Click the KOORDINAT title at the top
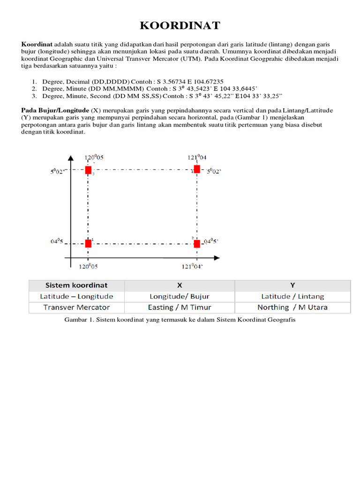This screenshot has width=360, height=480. [x=180, y=25]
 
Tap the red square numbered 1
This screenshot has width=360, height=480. [x=88, y=243]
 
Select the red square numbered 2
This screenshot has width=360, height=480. [x=197, y=243]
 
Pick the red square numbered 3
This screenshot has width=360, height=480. [x=88, y=170]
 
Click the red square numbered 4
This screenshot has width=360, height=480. [x=197, y=169]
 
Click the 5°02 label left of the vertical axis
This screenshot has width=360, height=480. [x=60, y=172]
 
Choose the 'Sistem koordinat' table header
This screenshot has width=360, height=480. [x=76, y=285]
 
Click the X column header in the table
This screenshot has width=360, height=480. [x=180, y=285]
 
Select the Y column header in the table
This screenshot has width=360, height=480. [x=292, y=285]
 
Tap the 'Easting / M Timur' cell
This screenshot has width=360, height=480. [x=180, y=307]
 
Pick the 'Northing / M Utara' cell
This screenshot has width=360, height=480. [x=292, y=307]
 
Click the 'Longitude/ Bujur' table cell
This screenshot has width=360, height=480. [x=180, y=296]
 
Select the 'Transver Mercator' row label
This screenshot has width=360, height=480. [x=76, y=307]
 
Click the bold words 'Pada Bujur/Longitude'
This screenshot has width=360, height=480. [x=55, y=110]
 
